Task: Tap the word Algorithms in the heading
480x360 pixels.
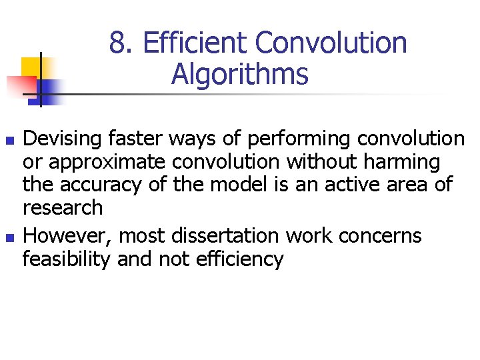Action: click(x=239, y=75)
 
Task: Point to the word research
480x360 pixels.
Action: click(x=63, y=207)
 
